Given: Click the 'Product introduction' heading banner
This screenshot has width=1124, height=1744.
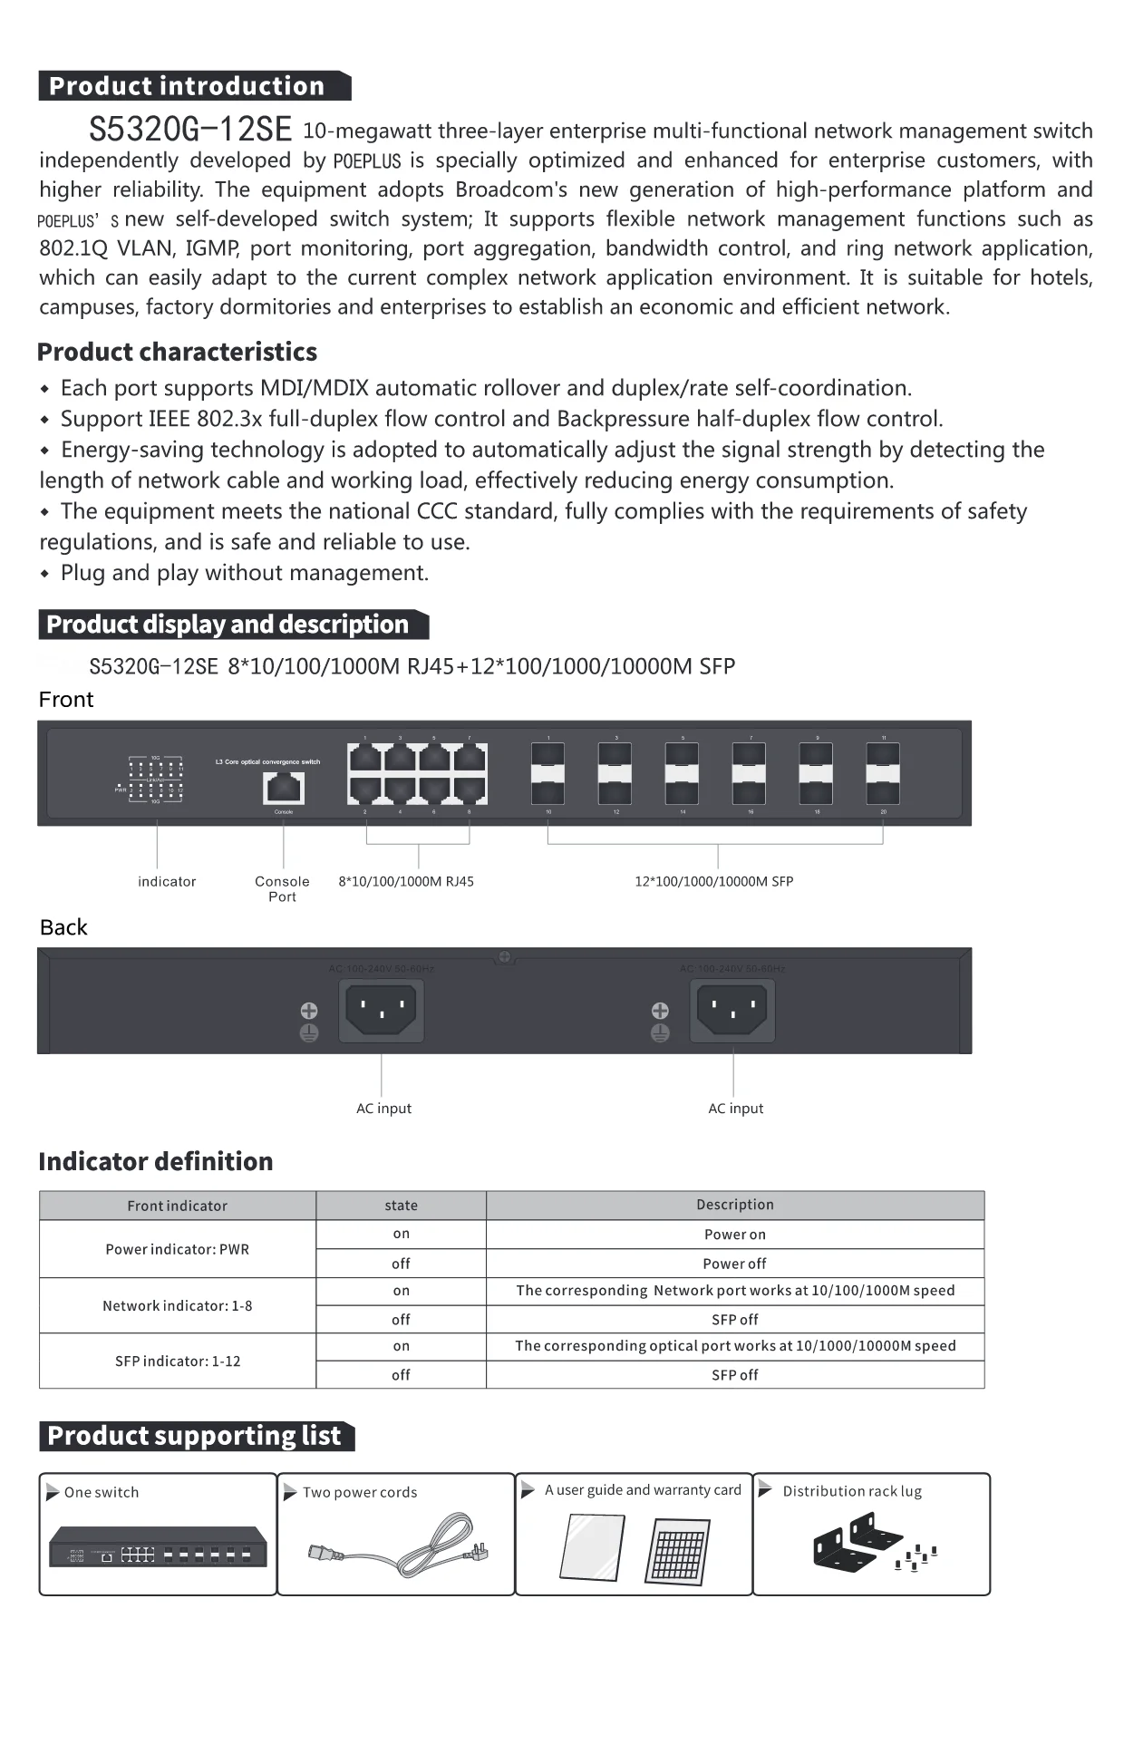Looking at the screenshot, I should (194, 86).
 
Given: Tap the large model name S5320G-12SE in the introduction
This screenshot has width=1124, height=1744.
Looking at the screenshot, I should (190, 130).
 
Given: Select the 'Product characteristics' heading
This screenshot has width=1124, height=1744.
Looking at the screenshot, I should (177, 352).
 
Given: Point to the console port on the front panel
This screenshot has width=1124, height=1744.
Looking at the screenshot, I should (284, 787).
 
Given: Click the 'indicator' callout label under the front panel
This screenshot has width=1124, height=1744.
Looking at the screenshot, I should (167, 881).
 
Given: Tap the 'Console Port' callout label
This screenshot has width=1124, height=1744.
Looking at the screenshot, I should (282, 888).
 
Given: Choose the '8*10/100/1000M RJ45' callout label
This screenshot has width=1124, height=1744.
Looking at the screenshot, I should (406, 881).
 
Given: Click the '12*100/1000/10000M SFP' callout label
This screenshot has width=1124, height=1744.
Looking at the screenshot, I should (713, 881).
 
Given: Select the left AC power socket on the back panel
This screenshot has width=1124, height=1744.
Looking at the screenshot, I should (382, 1009).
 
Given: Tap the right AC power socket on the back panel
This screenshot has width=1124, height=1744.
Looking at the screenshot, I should (732, 1009).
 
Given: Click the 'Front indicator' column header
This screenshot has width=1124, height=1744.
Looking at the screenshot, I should (177, 1206).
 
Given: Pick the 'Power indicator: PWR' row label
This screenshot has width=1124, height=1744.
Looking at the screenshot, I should (177, 1249).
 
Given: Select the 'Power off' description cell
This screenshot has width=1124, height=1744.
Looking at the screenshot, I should (734, 1264).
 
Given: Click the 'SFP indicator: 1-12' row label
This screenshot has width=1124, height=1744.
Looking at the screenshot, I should (177, 1361).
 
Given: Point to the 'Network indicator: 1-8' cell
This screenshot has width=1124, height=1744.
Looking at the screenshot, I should (177, 1305).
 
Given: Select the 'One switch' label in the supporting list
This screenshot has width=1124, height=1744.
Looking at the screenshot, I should (101, 1492).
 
